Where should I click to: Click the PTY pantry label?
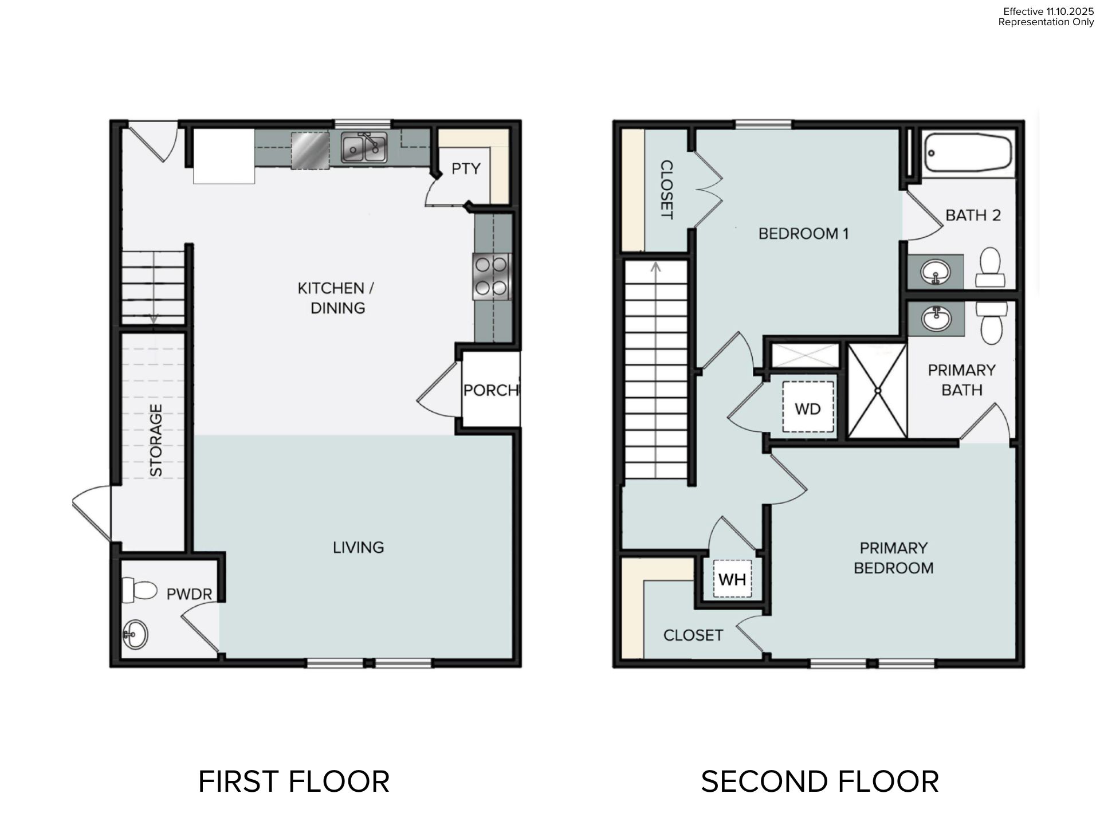(x=466, y=168)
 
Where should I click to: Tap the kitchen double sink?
(x=364, y=147)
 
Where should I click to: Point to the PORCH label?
(x=491, y=390)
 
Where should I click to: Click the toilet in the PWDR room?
(x=139, y=590)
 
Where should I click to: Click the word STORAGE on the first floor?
(x=156, y=440)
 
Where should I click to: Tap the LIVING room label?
(x=359, y=547)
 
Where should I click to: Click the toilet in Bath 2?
(x=990, y=268)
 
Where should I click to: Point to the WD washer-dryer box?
(x=808, y=407)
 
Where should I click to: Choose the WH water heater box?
(x=732, y=579)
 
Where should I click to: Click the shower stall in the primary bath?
(x=877, y=391)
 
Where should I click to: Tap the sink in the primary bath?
(x=936, y=319)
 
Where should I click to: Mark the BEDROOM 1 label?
(x=803, y=233)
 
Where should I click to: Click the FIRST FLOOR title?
(x=294, y=781)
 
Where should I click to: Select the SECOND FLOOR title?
(x=820, y=781)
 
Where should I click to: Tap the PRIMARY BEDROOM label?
(x=894, y=558)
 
